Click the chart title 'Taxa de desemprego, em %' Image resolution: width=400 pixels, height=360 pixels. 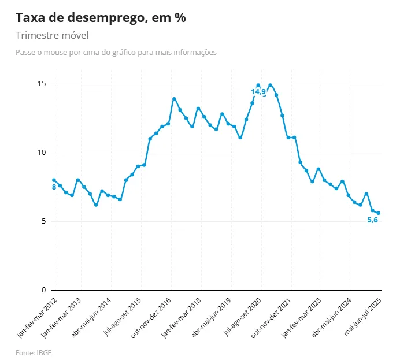coord(101,18)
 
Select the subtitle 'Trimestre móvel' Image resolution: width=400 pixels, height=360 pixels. coord(52,36)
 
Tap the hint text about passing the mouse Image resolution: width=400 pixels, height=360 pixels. coord(116,53)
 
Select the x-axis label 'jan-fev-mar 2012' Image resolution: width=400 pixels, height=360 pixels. coord(38,317)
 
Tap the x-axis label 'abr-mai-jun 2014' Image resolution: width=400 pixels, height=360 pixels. coord(92,317)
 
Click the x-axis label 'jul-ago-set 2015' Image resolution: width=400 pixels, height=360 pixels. coord(123,317)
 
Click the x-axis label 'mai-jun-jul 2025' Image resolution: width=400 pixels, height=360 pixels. coord(363,317)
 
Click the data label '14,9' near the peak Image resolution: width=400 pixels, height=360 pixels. coord(258,92)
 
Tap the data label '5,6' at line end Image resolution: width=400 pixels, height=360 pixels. coord(373,220)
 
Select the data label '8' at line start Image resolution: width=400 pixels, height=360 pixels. coord(54,187)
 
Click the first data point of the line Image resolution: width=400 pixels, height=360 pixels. coord(54,180)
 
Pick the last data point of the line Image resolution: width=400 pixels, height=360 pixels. coord(379,213)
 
